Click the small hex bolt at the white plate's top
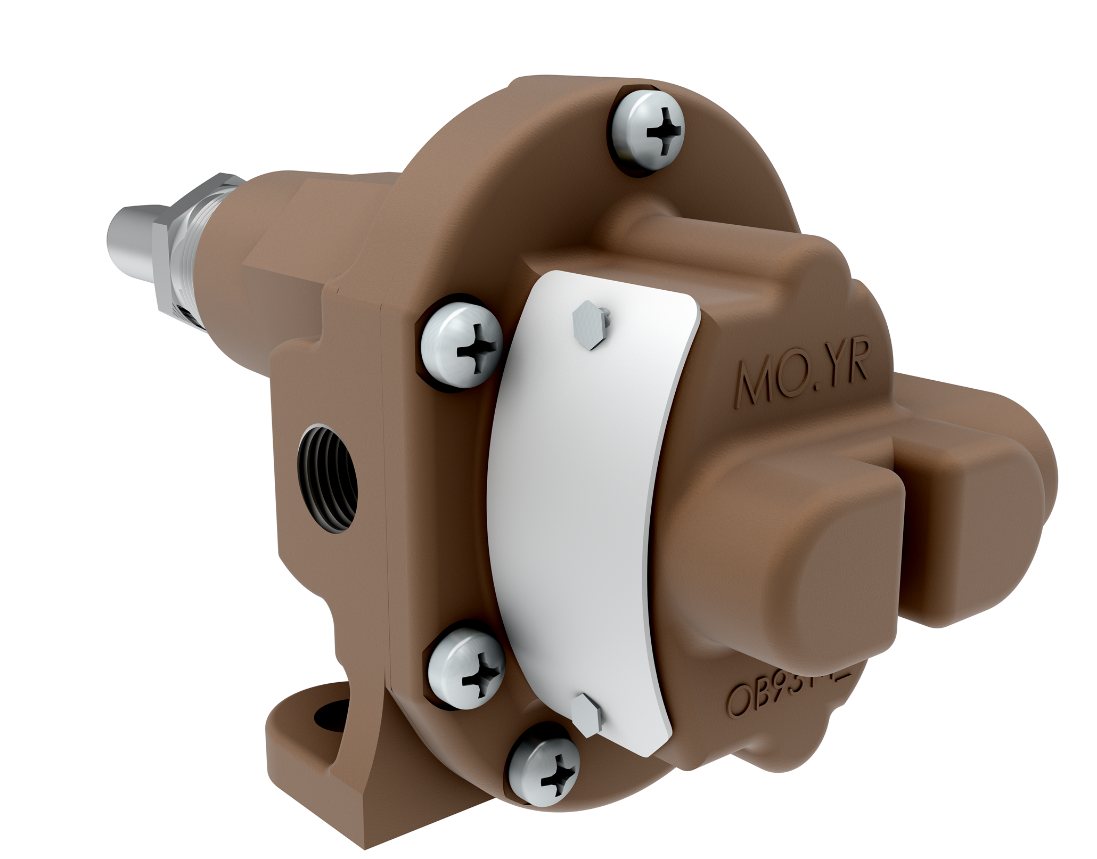[588, 323]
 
